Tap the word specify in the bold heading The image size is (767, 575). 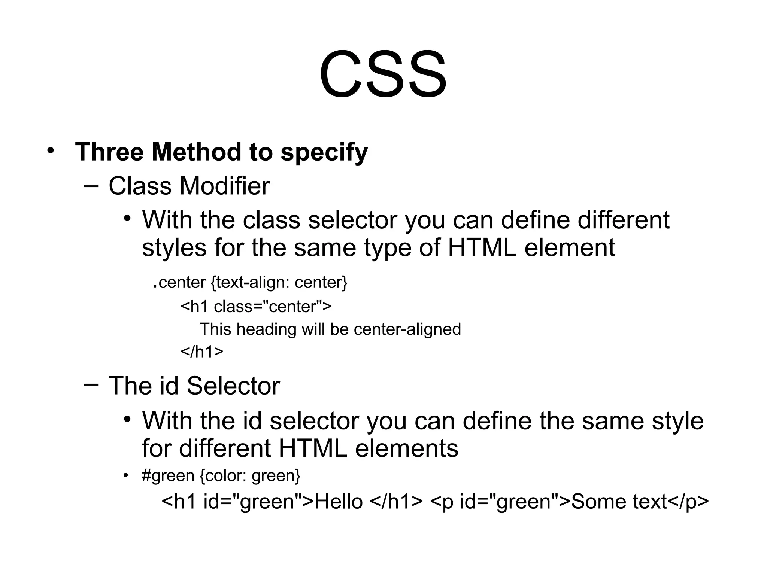[324, 153]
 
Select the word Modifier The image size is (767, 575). [225, 186]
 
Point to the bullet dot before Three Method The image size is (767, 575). [51, 151]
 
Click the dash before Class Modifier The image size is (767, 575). [91, 185]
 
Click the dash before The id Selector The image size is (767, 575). [91, 384]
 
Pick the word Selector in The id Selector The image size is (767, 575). [233, 386]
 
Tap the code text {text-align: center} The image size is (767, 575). [279, 282]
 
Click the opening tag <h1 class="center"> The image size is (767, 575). [256, 307]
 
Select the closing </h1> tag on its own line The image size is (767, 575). [202, 352]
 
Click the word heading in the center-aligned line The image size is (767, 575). [266, 329]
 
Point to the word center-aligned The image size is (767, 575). [407, 329]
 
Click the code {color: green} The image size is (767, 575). [250, 476]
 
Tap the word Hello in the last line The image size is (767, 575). [339, 502]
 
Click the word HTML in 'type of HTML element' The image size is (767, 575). [482, 247]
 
